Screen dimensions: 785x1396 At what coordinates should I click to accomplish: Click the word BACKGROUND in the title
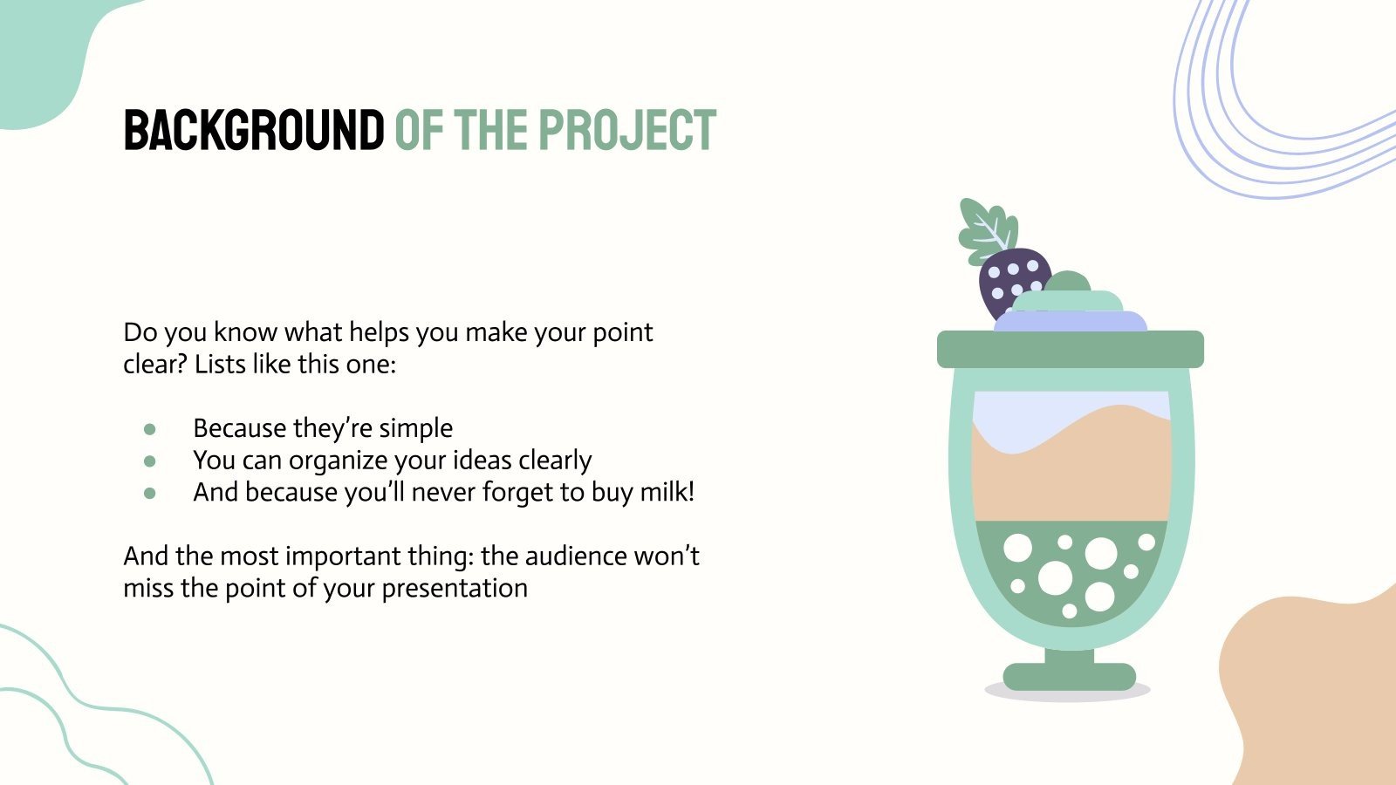click(x=253, y=131)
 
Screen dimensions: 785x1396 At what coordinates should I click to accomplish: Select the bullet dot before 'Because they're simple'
click(x=150, y=429)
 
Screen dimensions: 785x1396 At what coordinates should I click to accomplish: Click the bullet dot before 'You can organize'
click(x=150, y=461)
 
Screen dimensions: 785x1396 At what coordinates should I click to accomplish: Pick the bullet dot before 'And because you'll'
click(x=150, y=493)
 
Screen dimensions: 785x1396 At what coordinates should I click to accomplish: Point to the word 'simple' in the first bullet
click(x=415, y=428)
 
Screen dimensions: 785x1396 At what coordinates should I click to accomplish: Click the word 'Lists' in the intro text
click(x=220, y=364)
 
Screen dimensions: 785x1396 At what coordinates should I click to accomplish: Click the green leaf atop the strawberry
click(x=986, y=229)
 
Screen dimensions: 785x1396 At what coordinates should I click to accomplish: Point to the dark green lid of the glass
click(x=1070, y=349)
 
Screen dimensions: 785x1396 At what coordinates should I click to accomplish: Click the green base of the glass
click(x=1070, y=676)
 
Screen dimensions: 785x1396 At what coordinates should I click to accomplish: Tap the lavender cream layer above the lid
click(x=1070, y=322)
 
